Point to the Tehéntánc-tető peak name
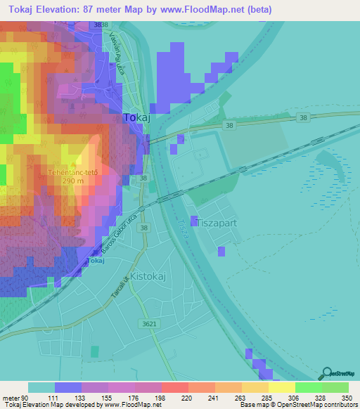(71, 171)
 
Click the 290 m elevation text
(71, 181)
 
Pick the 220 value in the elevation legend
(167, 398)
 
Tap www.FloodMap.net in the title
(216, 10)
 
